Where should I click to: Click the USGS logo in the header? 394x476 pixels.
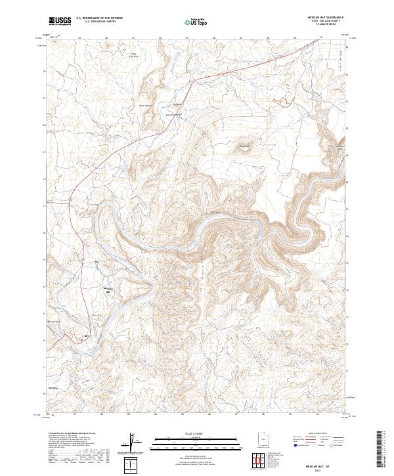[x=60, y=21]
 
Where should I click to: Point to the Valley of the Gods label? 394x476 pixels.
[x=134, y=56]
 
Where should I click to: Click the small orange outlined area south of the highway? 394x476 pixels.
[x=244, y=146]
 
